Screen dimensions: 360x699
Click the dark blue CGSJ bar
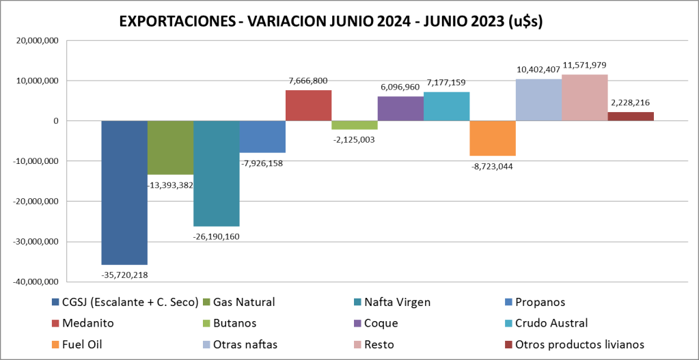coord(124,192)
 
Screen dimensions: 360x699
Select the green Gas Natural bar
coord(170,147)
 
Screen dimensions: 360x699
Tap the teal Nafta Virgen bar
coord(216,173)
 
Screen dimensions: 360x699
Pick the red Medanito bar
coord(308,105)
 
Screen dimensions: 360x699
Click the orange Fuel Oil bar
coord(493,138)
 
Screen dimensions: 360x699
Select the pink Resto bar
coord(584,98)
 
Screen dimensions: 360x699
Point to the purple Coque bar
coord(400,109)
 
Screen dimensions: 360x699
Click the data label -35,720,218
coord(124,275)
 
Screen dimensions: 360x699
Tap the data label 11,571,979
coord(584,66)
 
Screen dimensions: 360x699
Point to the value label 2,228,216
coord(631,102)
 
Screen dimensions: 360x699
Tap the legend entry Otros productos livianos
coord(574,344)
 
